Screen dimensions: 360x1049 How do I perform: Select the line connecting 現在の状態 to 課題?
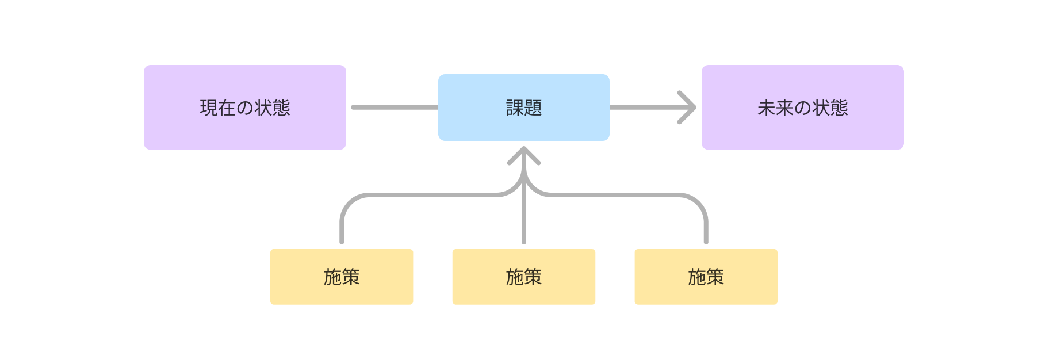click(x=394, y=108)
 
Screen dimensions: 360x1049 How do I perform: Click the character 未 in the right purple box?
click(x=766, y=108)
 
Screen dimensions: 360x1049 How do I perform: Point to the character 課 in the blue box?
click(x=515, y=108)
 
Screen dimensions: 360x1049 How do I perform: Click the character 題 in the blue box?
click(x=533, y=108)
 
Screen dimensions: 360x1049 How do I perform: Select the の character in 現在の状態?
click(x=245, y=108)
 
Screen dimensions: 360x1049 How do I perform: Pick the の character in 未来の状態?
click(x=803, y=108)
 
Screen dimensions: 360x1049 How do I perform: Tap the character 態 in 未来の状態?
click(x=839, y=108)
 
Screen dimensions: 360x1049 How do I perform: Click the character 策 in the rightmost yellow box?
click(x=715, y=277)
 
